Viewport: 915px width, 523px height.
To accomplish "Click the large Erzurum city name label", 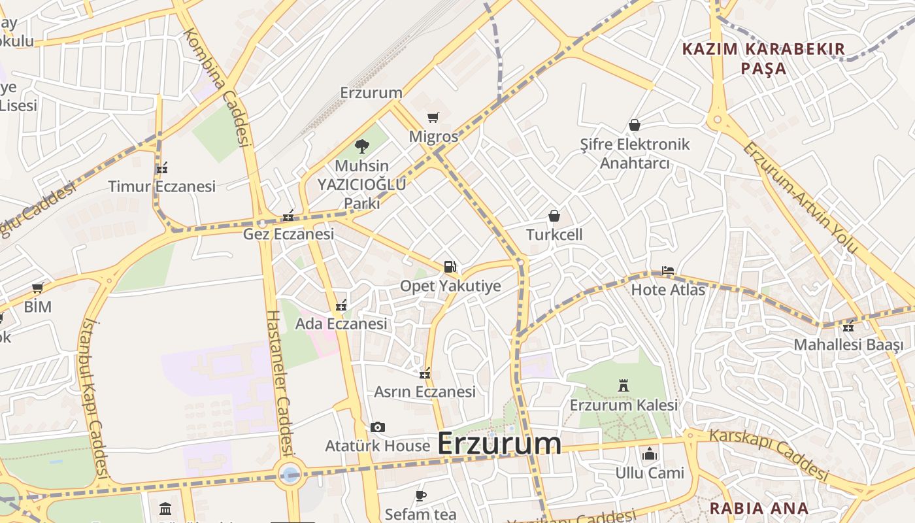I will [499, 443].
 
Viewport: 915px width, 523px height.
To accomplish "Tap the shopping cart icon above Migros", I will [433, 118].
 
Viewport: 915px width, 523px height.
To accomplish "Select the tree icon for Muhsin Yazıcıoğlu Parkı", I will [361, 146].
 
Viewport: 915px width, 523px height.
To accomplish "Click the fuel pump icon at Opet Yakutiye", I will [450, 266].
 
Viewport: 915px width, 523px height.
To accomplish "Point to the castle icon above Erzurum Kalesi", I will [624, 386].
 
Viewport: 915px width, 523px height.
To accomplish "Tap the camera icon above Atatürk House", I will [377, 428].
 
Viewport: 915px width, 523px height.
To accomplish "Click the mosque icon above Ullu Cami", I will [649, 454].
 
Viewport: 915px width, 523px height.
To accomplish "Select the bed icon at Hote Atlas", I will [667, 270].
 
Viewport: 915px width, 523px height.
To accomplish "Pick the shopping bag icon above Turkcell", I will [554, 216].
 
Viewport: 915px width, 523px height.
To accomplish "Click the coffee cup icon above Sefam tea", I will [421, 496].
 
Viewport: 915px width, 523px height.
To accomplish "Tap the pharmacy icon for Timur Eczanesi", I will [162, 168].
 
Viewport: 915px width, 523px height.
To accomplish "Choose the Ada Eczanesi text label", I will [341, 324].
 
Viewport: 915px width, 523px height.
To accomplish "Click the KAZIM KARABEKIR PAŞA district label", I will [763, 58].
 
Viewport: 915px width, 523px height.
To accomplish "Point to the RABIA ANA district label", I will [759, 508].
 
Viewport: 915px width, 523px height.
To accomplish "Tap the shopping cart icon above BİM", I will [38, 288].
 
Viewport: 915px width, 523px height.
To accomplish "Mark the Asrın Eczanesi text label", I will [425, 392].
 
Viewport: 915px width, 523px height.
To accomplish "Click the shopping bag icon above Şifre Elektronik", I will [634, 125].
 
